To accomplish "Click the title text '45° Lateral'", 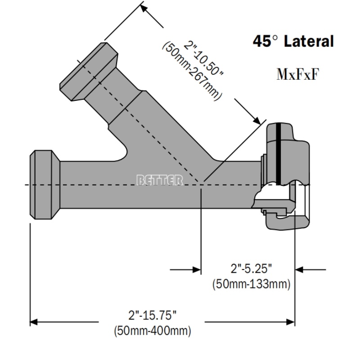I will tap(293, 42).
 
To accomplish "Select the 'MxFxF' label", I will tap(297, 74).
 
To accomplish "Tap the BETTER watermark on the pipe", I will tap(160, 180).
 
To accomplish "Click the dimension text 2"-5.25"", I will tap(251, 269).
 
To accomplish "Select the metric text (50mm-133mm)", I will tap(251, 284).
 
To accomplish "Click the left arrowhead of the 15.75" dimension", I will tap(33, 322).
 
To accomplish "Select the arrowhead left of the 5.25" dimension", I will tap(197, 270).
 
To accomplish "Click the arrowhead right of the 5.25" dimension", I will tap(299, 270).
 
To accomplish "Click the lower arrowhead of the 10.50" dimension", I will tap(257, 121).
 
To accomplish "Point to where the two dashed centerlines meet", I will tap(201, 185).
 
